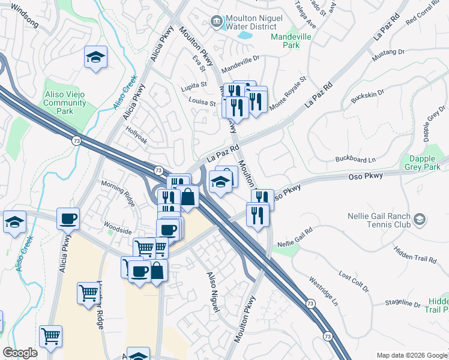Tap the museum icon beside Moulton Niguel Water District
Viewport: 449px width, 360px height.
pos(215,22)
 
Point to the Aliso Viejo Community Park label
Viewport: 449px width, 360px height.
pos(67,103)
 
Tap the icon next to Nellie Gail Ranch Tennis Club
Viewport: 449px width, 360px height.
pos(420,220)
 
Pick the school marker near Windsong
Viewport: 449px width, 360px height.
pos(95,58)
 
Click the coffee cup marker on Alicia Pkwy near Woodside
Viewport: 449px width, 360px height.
pos(68,218)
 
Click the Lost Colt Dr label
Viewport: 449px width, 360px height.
pos(352,281)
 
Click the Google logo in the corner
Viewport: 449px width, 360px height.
pos(20,353)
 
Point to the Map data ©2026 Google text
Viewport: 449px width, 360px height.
pos(411,355)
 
